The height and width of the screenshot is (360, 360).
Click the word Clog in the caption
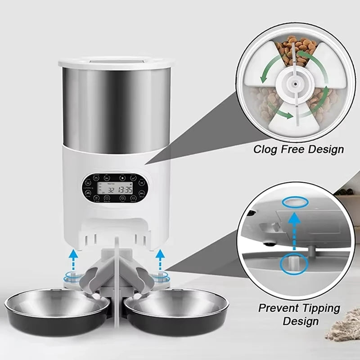coord(264,149)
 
